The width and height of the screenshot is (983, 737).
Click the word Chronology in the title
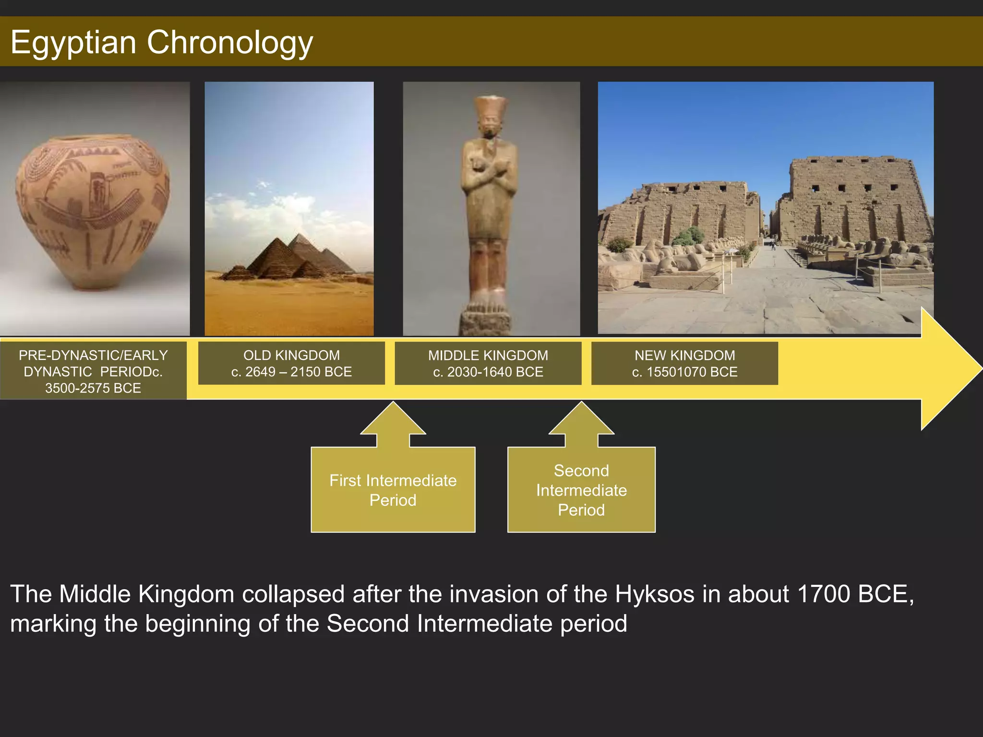229,42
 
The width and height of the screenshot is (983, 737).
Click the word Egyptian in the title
73,42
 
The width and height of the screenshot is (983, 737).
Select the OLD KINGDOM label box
291,363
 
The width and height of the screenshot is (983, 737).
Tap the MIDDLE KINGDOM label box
488,363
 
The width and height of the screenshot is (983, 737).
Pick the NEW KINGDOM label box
684,363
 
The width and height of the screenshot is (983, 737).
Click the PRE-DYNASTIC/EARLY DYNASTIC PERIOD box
93,371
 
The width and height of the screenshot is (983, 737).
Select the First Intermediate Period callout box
393,490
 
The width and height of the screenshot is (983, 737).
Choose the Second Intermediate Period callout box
581,490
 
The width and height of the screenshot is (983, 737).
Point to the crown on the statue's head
491,108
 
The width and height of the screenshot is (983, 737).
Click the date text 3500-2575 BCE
93,388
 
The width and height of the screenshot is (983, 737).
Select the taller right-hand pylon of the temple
854,202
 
